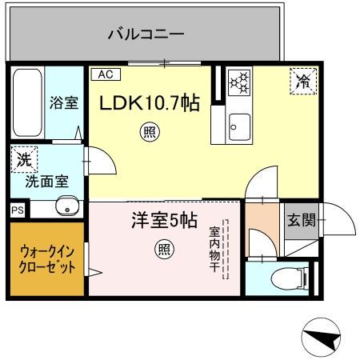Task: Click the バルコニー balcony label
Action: pyautogui.click(x=146, y=34)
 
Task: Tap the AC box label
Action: pyautogui.click(x=105, y=74)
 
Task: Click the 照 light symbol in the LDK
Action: pyautogui.click(x=149, y=131)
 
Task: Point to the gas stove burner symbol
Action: pyautogui.click(x=238, y=82)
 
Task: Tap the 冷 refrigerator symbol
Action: pyautogui.click(x=302, y=80)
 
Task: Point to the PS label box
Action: pyautogui.click(x=17, y=210)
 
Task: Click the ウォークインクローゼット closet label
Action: pyautogui.click(x=46, y=259)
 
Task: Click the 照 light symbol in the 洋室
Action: pyautogui.click(x=163, y=250)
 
